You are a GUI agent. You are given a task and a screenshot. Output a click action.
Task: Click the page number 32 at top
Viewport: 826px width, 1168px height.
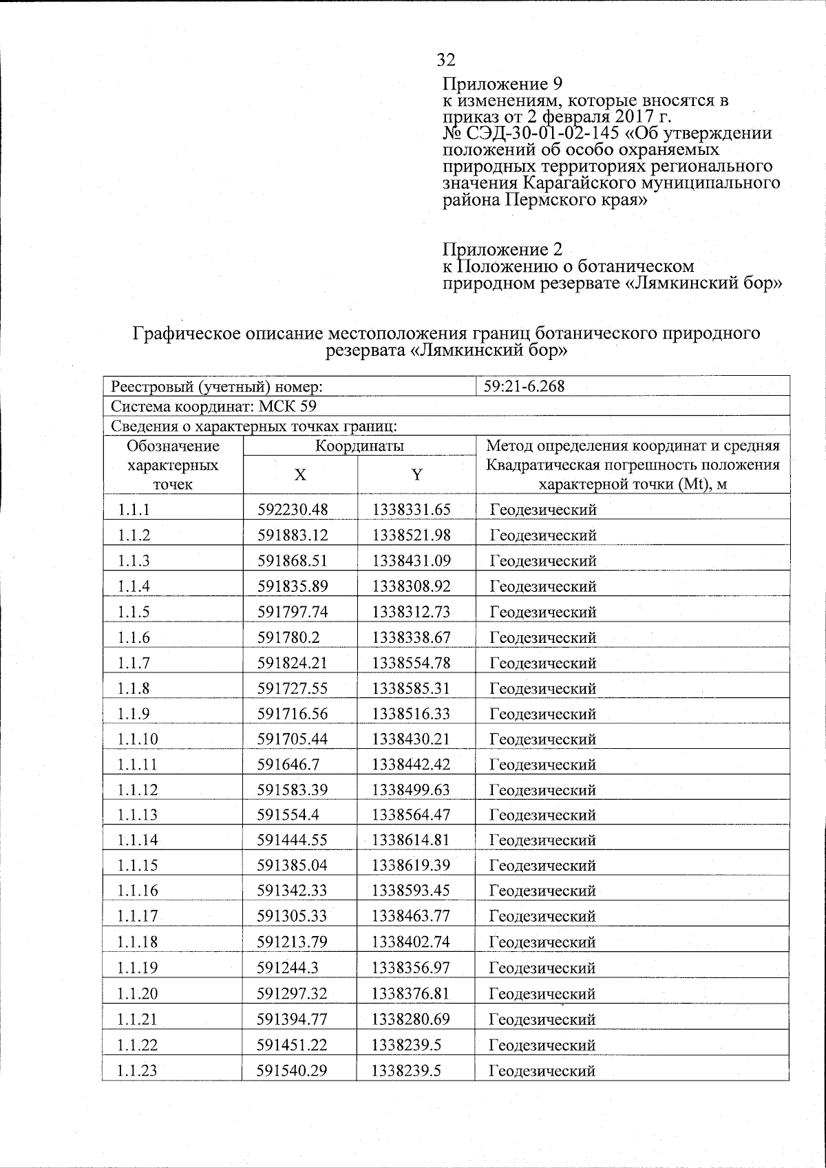pyautogui.click(x=446, y=60)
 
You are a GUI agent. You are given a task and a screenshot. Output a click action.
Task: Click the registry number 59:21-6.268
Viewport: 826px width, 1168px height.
pyautogui.click(x=524, y=386)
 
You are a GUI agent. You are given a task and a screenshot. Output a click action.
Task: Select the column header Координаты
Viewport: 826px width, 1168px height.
pyautogui.click(x=359, y=446)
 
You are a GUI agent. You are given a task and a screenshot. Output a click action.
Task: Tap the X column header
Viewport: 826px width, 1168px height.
pyautogui.click(x=300, y=475)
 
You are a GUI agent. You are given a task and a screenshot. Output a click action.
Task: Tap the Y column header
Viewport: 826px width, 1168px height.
pyautogui.click(x=416, y=475)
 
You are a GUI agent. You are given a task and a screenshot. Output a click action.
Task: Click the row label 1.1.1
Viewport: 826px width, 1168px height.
pyautogui.click(x=134, y=510)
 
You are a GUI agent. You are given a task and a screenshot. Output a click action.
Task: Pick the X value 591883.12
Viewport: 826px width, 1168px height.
pyautogui.click(x=293, y=535)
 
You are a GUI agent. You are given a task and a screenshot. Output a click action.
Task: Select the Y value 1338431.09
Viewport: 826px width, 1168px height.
pyautogui.click(x=411, y=561)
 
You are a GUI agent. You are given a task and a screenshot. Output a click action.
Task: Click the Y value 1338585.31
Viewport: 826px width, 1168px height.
pyautogui.click(x=411, y=688)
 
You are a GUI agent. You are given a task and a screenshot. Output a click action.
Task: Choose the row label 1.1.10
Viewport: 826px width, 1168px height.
pyautogui.click(x=138, y=739)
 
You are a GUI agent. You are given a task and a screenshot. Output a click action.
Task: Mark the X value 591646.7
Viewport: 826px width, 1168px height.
pyautogui.click(x=288, y=765)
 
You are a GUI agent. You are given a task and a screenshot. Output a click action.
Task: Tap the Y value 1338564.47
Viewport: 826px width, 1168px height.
pyautogui.click(x=411, y=815)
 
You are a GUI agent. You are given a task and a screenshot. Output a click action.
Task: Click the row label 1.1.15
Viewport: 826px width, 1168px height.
pyautogui.click(x=138, y=866)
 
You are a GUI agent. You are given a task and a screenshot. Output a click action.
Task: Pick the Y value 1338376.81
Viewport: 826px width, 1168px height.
pyautogui.click(x=411, y=993)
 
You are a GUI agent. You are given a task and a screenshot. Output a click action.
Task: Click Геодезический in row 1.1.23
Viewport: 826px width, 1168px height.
pyautogui.click(x=542, y=1071)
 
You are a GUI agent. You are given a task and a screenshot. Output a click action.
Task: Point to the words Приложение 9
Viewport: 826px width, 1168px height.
pyautogui.click(x=502, y=85)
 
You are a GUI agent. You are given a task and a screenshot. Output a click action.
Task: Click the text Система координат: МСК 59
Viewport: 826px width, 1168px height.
pyautogui.click(x=214, y=406)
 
